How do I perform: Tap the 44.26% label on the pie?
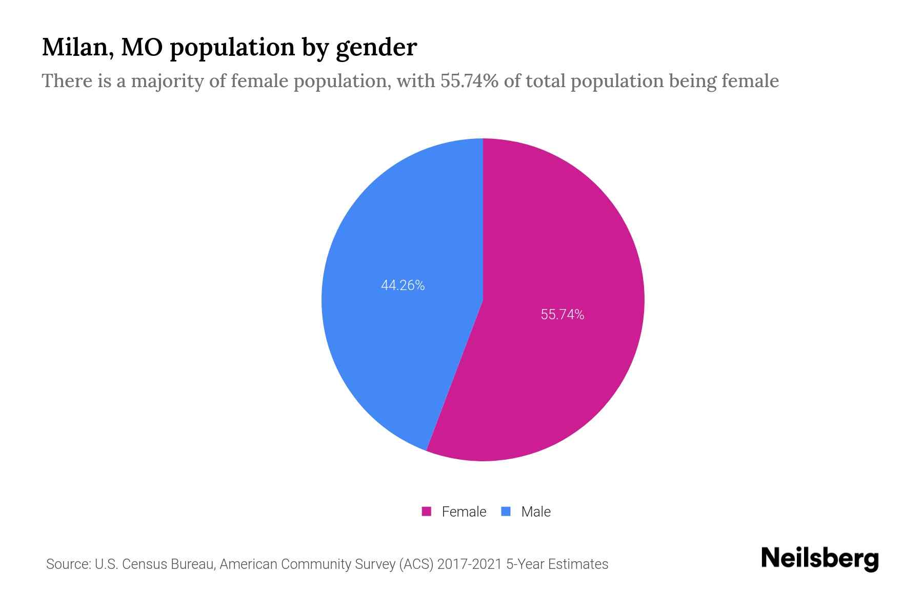click(403, 285)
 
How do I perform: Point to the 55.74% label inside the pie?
click(563, 315)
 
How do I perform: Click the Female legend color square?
click(426, 511)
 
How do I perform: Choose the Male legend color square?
click(506, 511)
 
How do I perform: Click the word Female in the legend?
click(464, 511)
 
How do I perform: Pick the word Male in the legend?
click(535, 511)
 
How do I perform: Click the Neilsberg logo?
click(819, 559)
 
